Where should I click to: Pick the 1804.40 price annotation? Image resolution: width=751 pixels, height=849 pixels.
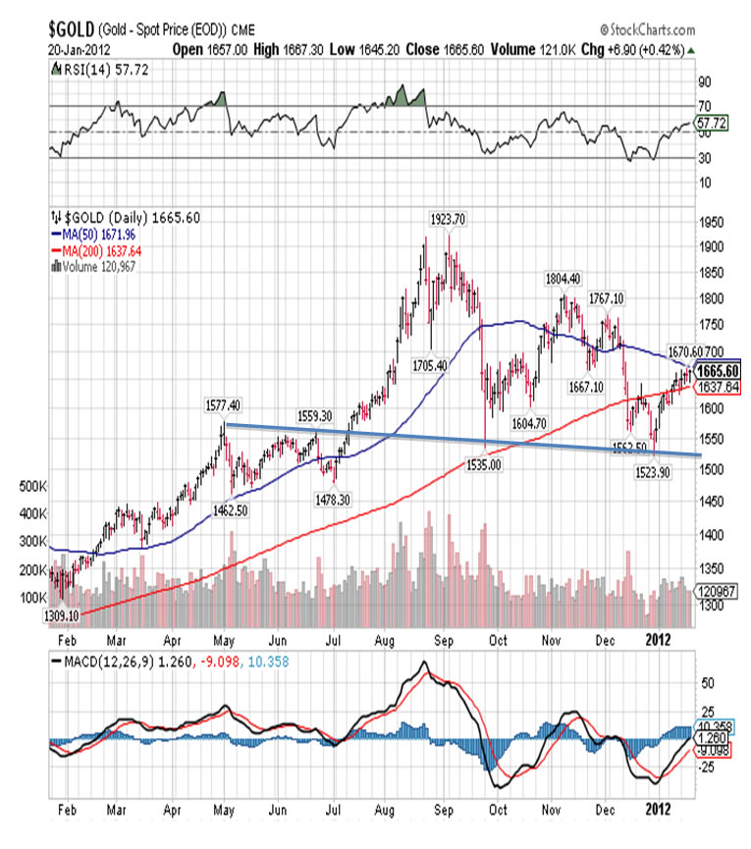tap(564, 278)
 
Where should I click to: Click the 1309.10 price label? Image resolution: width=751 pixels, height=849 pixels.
tap(61, 614)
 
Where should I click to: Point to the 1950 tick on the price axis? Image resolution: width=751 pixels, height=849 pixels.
tap(713, 222)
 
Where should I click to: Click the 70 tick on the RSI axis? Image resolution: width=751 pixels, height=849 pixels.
tap(703, 105)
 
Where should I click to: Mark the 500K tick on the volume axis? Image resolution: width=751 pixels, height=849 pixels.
tap(33, 485)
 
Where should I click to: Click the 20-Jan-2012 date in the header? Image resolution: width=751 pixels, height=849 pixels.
tap(79, 47)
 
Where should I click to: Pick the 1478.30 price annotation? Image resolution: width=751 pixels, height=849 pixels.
tap(336, 499)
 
